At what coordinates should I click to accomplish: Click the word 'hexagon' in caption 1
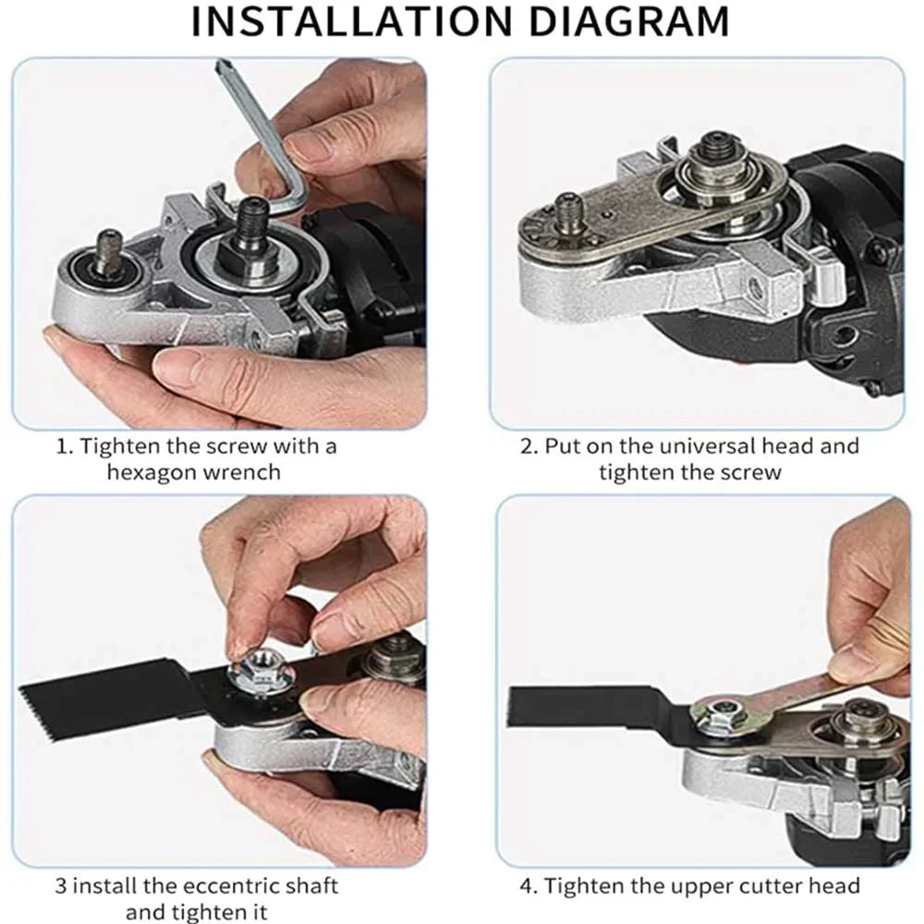coord(148,471)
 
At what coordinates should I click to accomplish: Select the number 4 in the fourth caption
coord(527,886)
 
